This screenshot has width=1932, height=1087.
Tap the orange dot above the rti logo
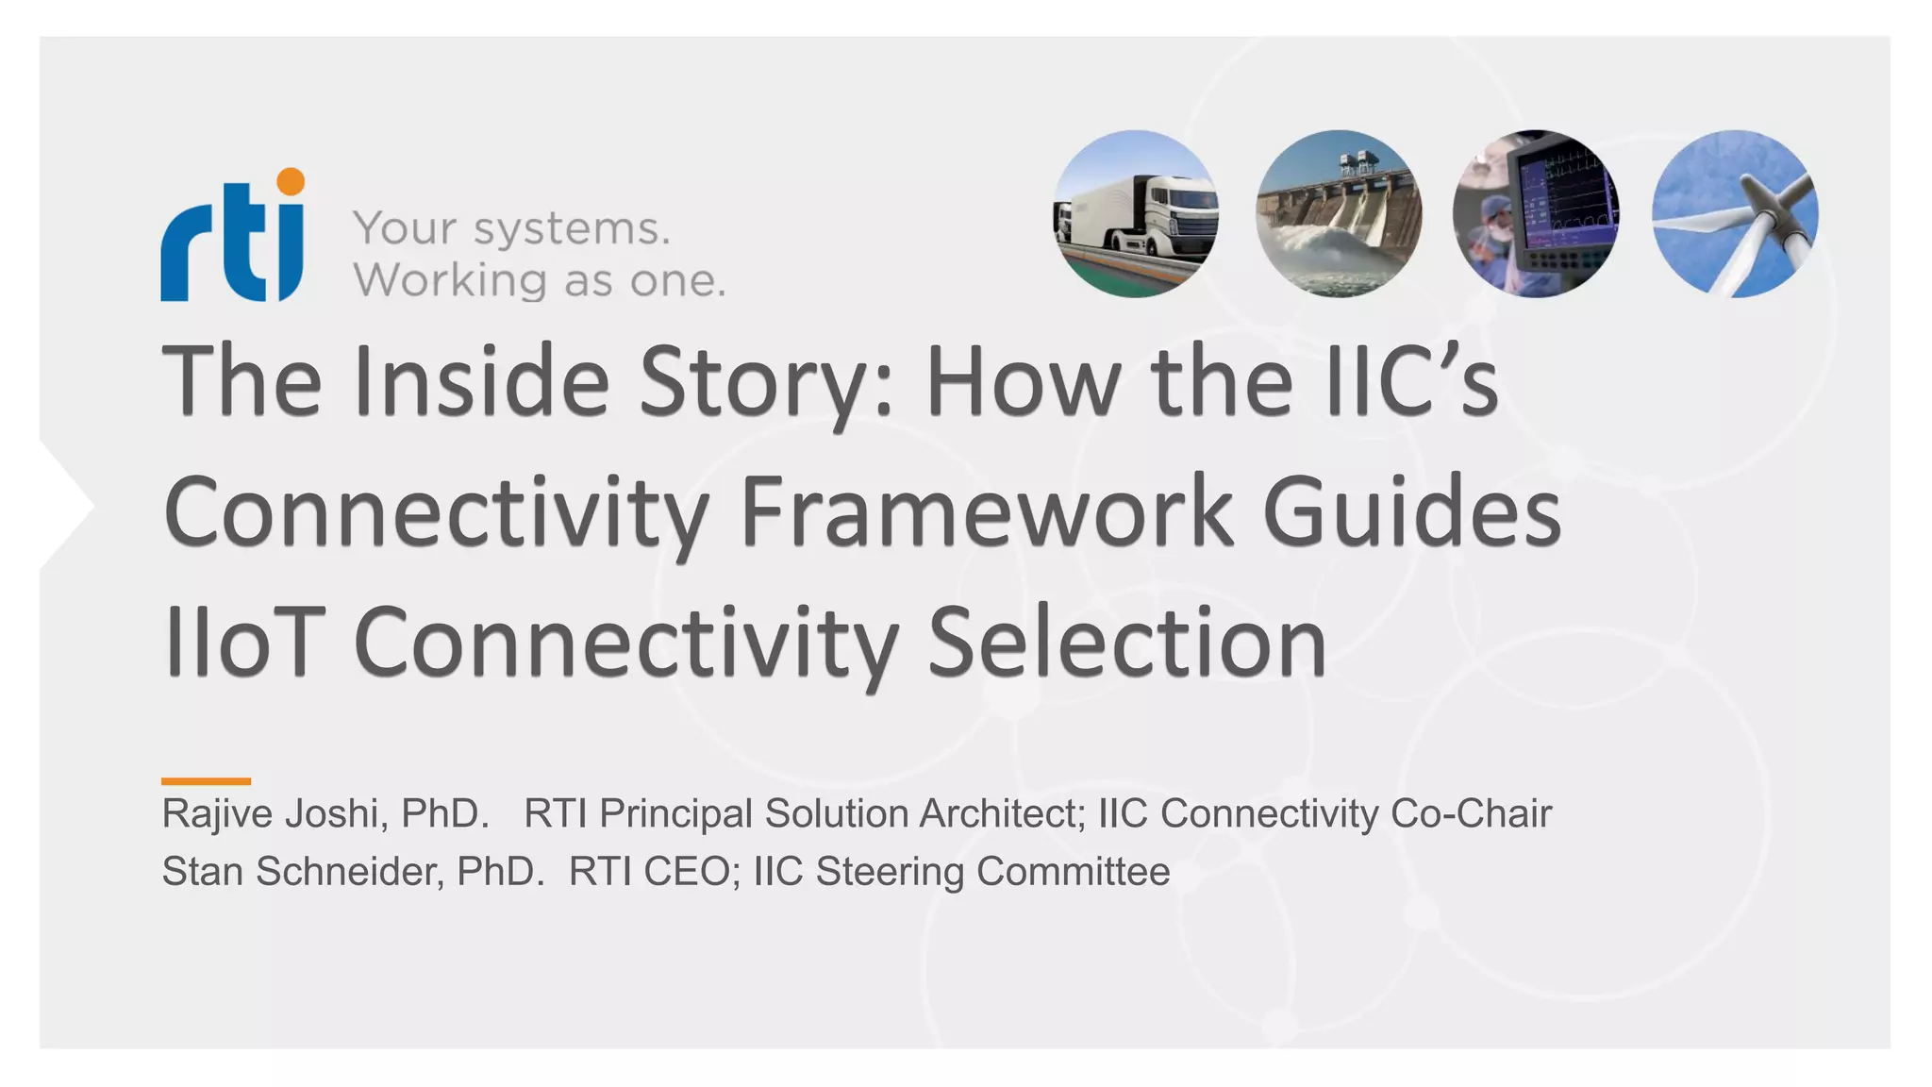(x=291, y=181)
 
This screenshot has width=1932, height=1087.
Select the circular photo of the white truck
(x=1135, y=214)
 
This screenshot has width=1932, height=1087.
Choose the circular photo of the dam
(x=1339, y=214)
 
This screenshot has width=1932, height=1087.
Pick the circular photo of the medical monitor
(x=1536, y=214)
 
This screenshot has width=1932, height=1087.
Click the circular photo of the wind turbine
(x=1735, y=214)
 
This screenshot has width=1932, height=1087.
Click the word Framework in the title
(x=987, y=513)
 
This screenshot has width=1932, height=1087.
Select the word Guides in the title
(x=1412, y=513)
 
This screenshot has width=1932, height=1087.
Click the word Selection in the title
(x=1127, y=644)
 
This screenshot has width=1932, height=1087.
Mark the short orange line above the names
(x=206, y=781)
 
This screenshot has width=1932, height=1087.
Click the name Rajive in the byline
(x=216, y=814)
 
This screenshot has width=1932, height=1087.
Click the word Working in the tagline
(x=450, y=281)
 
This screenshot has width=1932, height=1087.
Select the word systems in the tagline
(x=572, y=229)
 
